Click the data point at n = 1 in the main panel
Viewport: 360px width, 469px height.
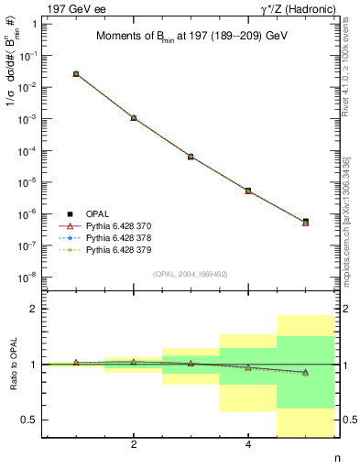click(76, 73)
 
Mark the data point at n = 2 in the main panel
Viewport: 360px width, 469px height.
click(134, 118)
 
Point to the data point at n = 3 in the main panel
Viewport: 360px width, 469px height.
click(191, 157)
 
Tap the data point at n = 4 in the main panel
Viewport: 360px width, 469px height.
click(248, 191)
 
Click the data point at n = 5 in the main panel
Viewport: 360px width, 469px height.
click(305, 222)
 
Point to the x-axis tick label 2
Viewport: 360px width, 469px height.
click(134, 444)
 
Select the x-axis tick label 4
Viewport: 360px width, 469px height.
click(248, 444)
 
